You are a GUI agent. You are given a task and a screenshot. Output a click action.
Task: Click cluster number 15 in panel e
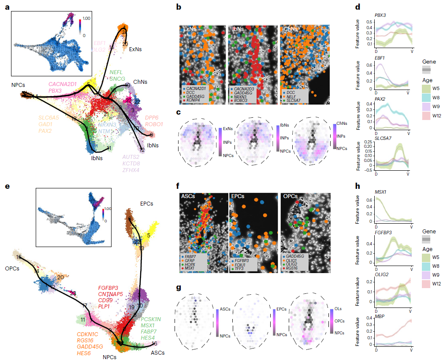(19, 257)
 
